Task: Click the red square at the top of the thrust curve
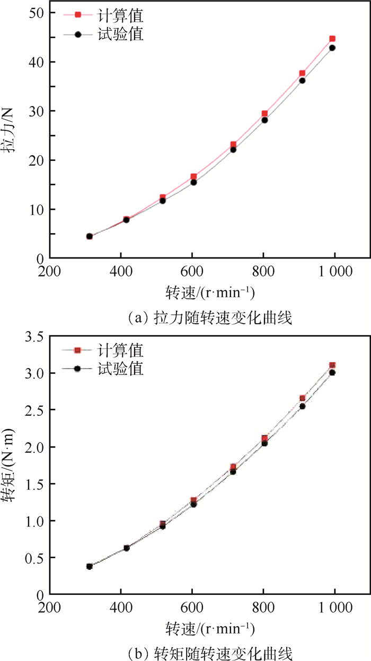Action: (x=332, y=39)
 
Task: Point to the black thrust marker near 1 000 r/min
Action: (x=332, y=48)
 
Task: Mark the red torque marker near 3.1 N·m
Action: (x=332, y=365)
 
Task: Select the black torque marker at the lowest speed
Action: (x=90, y=566)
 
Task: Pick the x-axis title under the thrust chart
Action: (x=210, y=292)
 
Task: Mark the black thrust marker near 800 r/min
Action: (x=264, y=120)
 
